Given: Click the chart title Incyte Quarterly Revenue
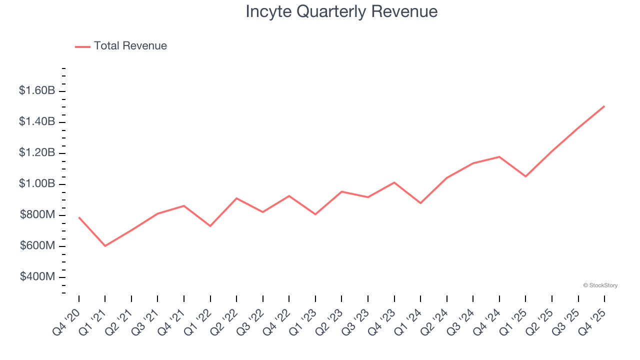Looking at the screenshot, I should click(x=341, y=11).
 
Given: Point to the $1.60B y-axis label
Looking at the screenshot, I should click(x=37, y=90).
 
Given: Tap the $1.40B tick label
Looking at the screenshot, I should click(x=37, y=121).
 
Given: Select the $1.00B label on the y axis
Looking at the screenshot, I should click(x=37, y=183).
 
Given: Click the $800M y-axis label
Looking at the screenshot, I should click(x=38, y=215).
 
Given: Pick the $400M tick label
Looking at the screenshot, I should click(x=38, y=276).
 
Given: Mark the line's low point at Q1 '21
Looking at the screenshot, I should click(x=105, y=246).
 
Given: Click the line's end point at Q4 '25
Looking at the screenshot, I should click(x=604, y=106).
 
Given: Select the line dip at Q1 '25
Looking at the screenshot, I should click(x=525, y=176).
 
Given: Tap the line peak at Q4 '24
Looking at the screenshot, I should click(x=499, y=156).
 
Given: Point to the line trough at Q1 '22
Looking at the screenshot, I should click(x=210, y=226).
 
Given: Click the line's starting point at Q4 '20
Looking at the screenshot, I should click(x=79, y=217).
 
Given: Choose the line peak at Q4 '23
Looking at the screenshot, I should click(x=394, y=182).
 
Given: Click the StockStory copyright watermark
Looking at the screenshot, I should click(x=600, y=285).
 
